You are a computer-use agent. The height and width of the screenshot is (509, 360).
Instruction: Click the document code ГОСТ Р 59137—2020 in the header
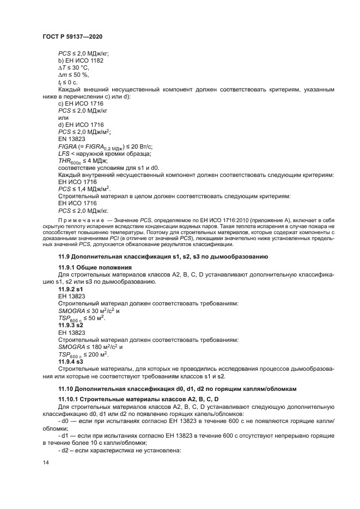pos(72,36)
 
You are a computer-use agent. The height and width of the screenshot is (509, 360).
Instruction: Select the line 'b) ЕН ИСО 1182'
pos(81,60)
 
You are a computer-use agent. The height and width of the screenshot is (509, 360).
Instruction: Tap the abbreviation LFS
pos(64,154)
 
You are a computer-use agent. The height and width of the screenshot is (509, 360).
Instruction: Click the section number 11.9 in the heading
pos(65,256)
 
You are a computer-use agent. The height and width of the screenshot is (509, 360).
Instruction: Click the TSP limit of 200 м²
pos(96,353)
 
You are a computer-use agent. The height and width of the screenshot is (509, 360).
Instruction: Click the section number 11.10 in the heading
pos(67,389)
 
